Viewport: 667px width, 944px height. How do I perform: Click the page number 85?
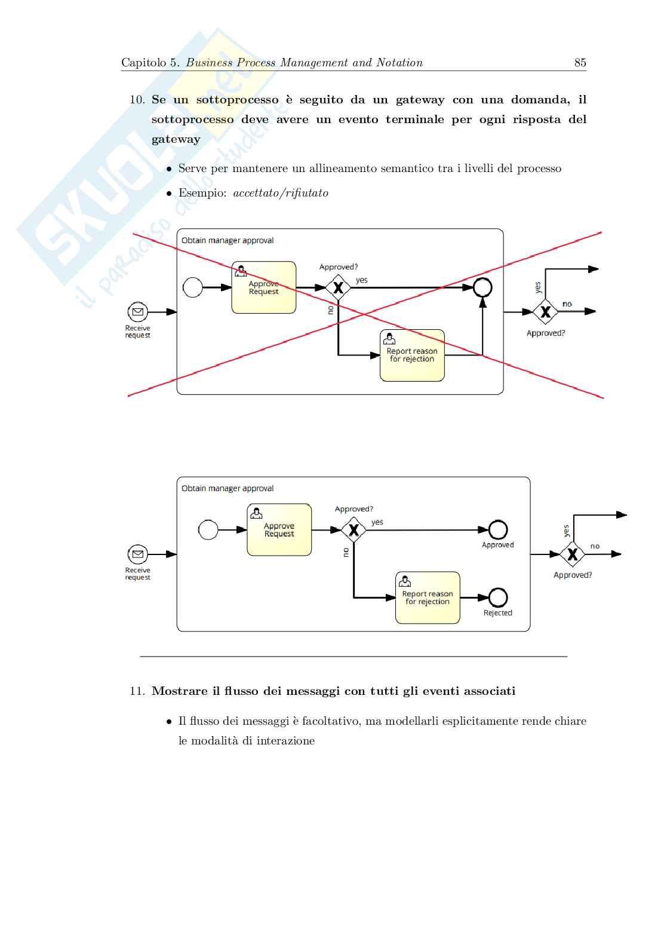click(x=580, y=63)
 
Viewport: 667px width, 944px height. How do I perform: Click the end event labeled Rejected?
click(x=498, y=597)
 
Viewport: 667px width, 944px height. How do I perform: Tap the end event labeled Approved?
click(x=498, y=529)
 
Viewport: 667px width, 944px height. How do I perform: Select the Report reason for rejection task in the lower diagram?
click(x=428, y=597)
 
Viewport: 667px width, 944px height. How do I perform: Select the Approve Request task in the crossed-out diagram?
click(x=264, y=287)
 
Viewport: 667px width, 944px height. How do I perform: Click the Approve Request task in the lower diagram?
click(x=279, y=529)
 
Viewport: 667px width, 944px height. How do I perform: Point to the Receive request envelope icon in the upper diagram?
click(x=138, y=311)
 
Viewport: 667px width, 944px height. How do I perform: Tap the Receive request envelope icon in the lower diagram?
click(x=138, y=554)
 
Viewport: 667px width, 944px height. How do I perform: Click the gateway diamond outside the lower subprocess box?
click(x=572, y=554)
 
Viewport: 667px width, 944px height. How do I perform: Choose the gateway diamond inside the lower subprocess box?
click(x=354, y=529)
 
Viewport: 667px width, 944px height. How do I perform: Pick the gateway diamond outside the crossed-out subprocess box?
click(x=545, y=311)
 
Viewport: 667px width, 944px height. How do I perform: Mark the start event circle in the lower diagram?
click(x=208, y=529)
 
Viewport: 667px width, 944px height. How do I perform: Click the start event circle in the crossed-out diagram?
click(x=192, y=287)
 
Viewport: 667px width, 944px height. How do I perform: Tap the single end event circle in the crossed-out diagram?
click(x=482, y=287)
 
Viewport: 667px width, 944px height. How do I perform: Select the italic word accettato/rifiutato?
click(x=281, y=193)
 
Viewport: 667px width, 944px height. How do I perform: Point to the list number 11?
click(x=137, y=691)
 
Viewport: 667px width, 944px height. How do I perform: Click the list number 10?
click(x=137, y=100)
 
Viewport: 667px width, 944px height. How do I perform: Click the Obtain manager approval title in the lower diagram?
click(x=228, y=488)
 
